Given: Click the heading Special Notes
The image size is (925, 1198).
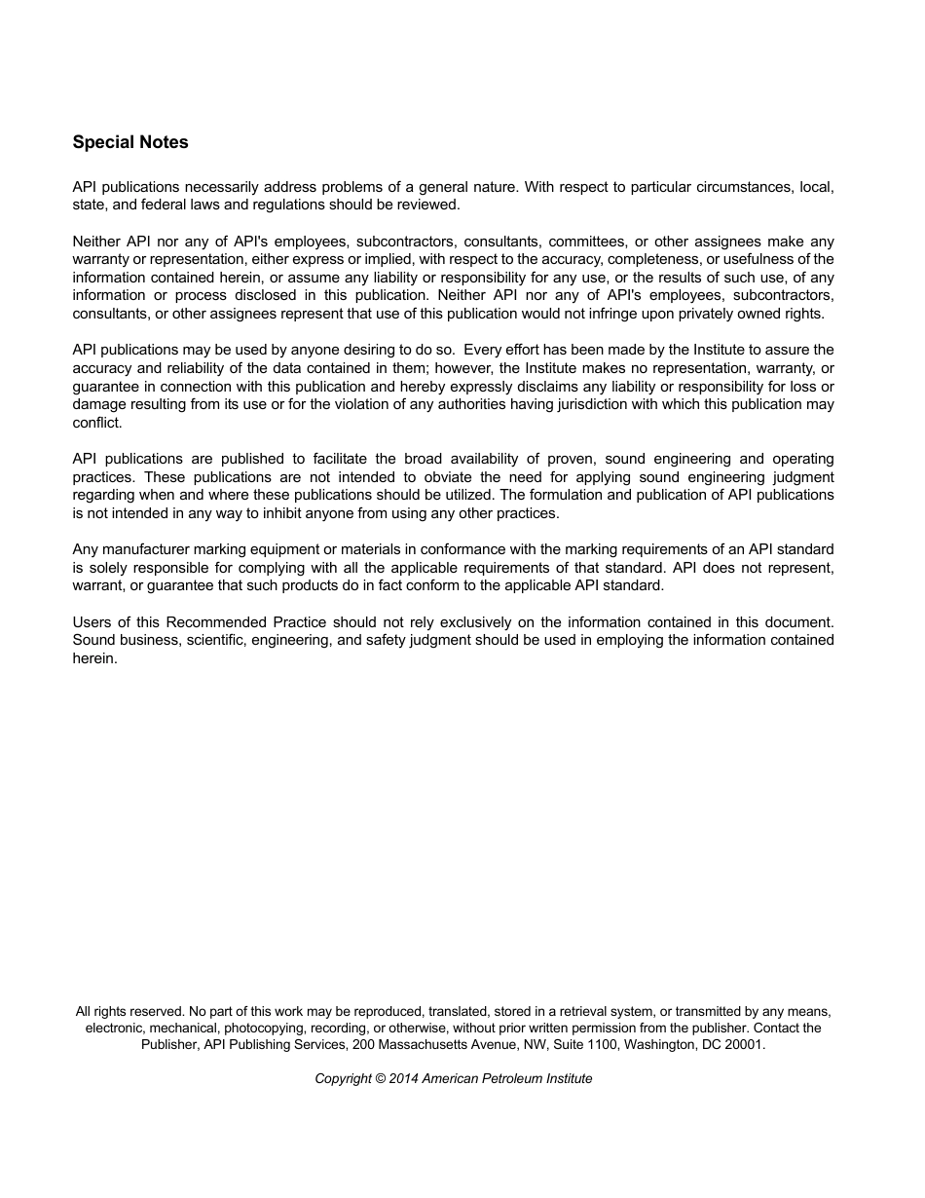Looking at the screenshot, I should (x=130, y=142).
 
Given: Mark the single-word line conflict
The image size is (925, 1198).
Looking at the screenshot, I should (x=97, y=423).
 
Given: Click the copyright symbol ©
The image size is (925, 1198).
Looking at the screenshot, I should (x=381, y=1078).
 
